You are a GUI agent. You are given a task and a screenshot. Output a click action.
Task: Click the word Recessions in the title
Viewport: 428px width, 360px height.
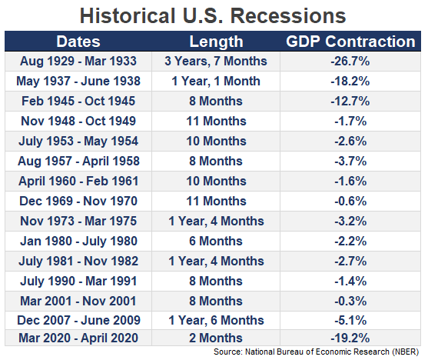(288, 16)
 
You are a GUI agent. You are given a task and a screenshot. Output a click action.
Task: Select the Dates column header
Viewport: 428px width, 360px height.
(78, 42)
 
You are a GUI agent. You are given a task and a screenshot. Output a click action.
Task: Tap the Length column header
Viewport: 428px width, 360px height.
(216, 42)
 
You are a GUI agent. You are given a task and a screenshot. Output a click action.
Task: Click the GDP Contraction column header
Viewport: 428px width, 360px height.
(350, 42)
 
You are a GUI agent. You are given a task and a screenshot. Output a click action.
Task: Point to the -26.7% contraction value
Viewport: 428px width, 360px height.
(350, 61)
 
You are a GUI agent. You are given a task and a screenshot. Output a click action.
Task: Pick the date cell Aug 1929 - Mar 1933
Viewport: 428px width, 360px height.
(78, 61)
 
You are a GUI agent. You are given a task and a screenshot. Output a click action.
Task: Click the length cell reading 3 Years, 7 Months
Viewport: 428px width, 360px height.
(216, 62)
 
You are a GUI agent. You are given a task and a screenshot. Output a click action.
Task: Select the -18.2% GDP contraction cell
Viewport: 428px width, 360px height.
(350, 82)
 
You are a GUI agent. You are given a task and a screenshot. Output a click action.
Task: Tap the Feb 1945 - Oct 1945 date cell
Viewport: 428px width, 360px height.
(78, 101)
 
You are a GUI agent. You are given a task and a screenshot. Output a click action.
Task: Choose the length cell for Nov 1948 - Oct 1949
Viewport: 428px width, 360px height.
(216, 121)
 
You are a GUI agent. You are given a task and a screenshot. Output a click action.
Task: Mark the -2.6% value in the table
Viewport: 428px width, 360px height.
(350, 141)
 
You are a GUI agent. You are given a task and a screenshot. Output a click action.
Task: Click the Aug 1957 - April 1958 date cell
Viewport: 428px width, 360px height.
(78, 162)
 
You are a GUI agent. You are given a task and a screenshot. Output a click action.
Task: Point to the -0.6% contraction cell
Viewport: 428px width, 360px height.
(350, 202)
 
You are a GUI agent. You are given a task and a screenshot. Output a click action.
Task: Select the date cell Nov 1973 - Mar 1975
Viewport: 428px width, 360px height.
(78, 221)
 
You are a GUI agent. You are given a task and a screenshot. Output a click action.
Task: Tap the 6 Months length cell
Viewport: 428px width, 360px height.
(216, 241)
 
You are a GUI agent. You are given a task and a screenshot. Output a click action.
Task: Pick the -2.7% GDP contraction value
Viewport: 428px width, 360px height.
(350, 261)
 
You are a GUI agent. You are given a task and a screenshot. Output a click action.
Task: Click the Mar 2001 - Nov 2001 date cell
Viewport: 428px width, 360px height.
(78, 301)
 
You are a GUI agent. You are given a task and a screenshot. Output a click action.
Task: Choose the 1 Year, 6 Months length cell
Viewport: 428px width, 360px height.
(216, 320)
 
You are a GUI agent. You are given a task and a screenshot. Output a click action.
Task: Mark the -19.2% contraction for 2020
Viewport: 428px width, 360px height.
(350, 338)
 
